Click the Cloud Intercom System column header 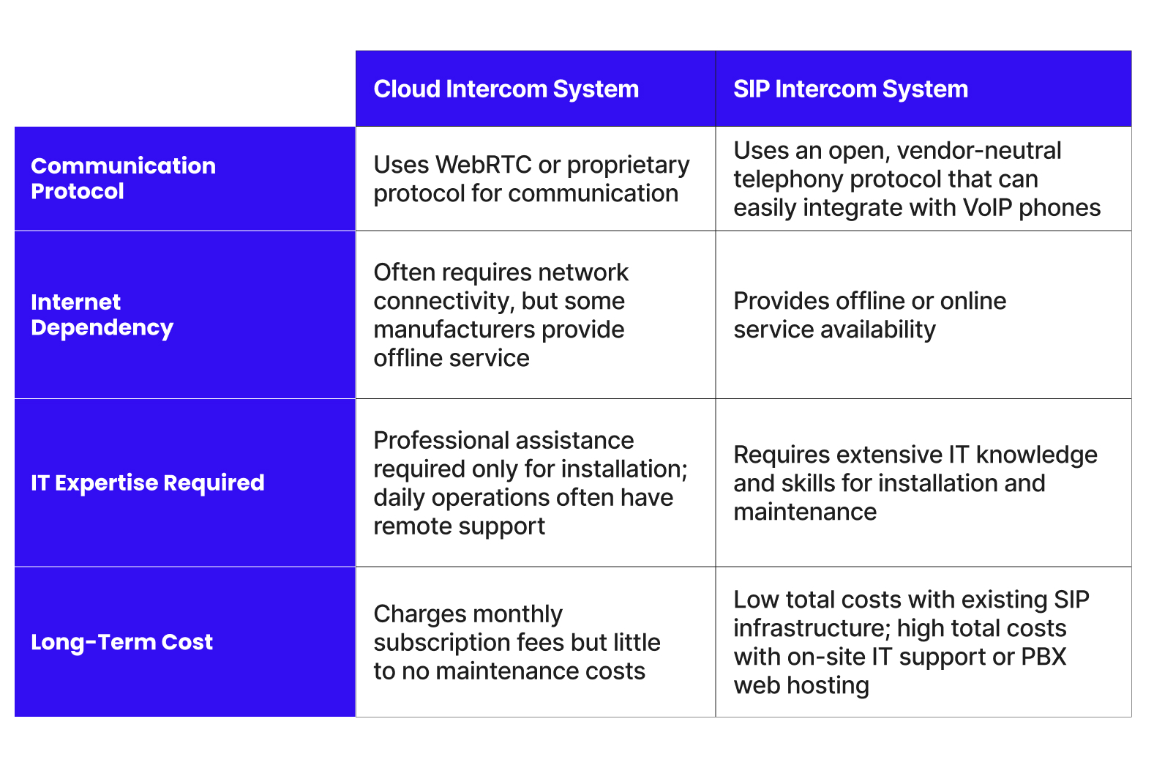(x=506, y=89)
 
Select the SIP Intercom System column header (x=850, y=89)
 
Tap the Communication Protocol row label (x=123, y=178)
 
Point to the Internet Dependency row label (x=102, y=314)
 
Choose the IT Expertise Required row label (x=147, y=482)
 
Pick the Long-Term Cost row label (x=121, y=641)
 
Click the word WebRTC (x=483, y=165)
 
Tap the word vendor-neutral (x=978, y=150)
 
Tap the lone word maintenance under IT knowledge (x=805, y=512)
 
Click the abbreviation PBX (x=1044, y=657)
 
